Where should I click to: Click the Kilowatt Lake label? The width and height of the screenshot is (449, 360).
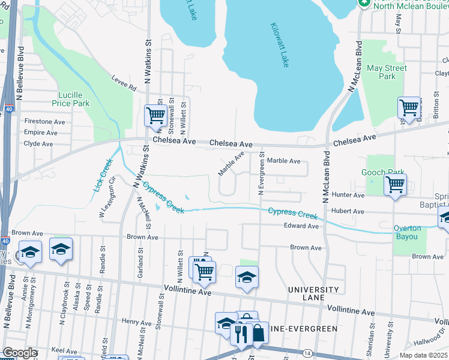[x=280, y=46]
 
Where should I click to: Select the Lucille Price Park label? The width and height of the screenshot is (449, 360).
[x=74, y=99]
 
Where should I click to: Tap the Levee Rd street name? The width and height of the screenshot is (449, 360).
[x=124, y=82]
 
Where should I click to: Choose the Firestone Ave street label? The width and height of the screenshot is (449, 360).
[x=44, y=121]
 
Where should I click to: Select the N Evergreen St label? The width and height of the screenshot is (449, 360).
[x=261, y=173]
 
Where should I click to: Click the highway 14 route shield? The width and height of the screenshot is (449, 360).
[x=307, y=353]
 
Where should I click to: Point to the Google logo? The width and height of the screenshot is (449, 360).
[x=20, y=353]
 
